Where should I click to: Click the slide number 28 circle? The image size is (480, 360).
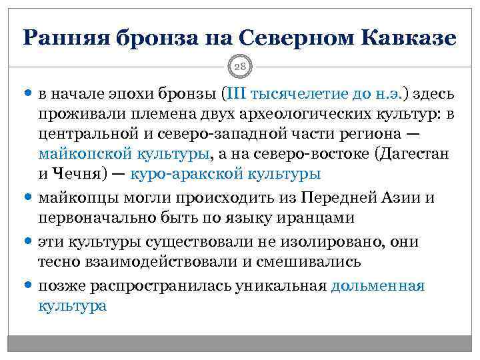pos(241,65)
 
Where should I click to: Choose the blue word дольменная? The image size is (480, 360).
pos(378,286)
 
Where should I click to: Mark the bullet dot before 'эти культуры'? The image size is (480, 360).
pos(29,241)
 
